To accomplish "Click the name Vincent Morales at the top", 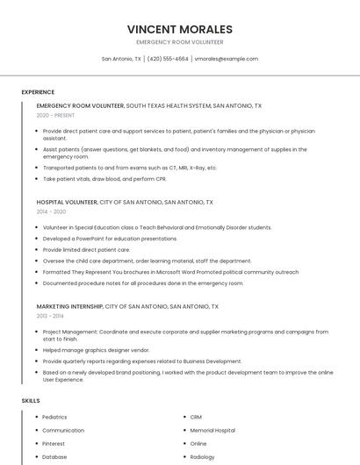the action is (180, 29).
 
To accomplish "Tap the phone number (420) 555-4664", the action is (168, 59).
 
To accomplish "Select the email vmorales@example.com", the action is (227, 59).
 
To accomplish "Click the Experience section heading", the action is (38, 92).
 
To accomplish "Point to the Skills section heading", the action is (31, 401).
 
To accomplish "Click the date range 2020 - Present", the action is (55, 115).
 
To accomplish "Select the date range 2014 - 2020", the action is (51, 211).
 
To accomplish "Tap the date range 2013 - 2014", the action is (50, 316).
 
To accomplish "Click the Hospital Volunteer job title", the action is (67, 202).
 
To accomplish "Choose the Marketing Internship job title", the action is (69, 306).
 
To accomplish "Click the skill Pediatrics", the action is (54, 417).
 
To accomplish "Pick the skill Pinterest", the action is (54, 443).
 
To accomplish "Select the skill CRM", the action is (196, 417).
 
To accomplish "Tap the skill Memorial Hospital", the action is (212, 430).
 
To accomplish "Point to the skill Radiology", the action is (202, 456).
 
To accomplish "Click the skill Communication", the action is (63, 430).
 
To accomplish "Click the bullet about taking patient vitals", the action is (104, 179).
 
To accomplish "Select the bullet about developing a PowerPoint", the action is (110, 239).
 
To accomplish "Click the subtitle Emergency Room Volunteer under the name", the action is (180, 42).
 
